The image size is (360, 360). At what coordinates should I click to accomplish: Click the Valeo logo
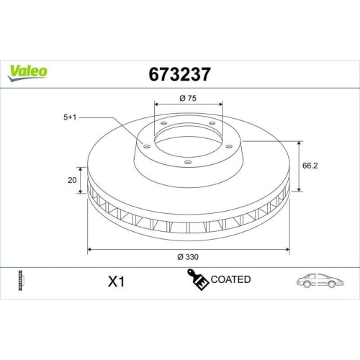(28, 70)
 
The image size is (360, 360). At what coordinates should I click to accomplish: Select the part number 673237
(179, 73)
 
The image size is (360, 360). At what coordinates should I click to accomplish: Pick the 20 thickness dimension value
(72, 180)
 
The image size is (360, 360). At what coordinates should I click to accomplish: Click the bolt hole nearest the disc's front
(187, 162)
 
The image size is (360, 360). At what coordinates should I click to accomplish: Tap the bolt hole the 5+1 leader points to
(146, 148)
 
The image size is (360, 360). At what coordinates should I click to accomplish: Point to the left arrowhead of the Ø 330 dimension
(89, 250)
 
